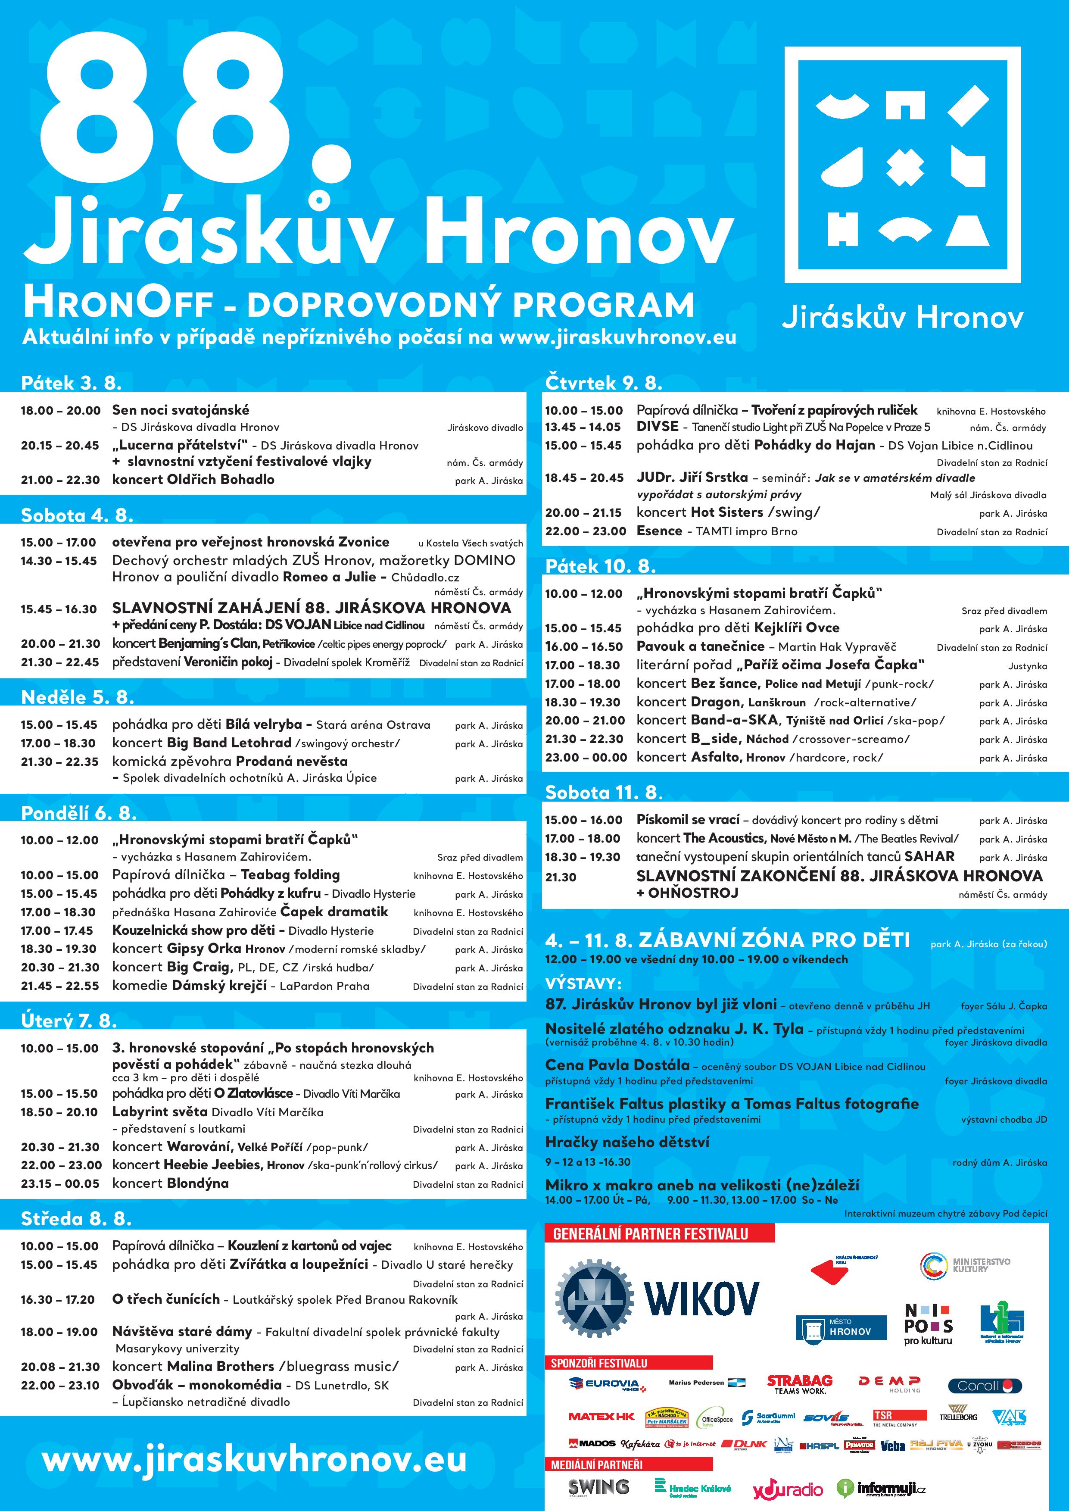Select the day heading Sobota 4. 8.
coord(77,515)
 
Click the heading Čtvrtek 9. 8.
coord(604,383)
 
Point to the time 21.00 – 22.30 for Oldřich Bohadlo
coord(60,480)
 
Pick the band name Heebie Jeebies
coord(212,1164)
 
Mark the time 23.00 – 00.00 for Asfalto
coord(586,758)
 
